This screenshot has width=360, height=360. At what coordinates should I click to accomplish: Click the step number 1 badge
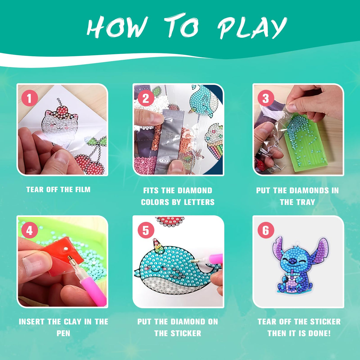point(30,98)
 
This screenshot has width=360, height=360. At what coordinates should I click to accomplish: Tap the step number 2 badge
point(146,98)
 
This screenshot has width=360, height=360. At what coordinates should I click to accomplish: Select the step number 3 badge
point(265,98)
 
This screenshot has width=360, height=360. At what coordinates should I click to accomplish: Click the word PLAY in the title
point(252,28)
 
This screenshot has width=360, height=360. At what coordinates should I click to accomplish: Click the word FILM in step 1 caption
point(83,189)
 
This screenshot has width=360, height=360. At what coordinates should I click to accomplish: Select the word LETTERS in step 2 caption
point(199,202)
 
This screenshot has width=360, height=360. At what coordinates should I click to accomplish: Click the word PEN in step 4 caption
point(63,333)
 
